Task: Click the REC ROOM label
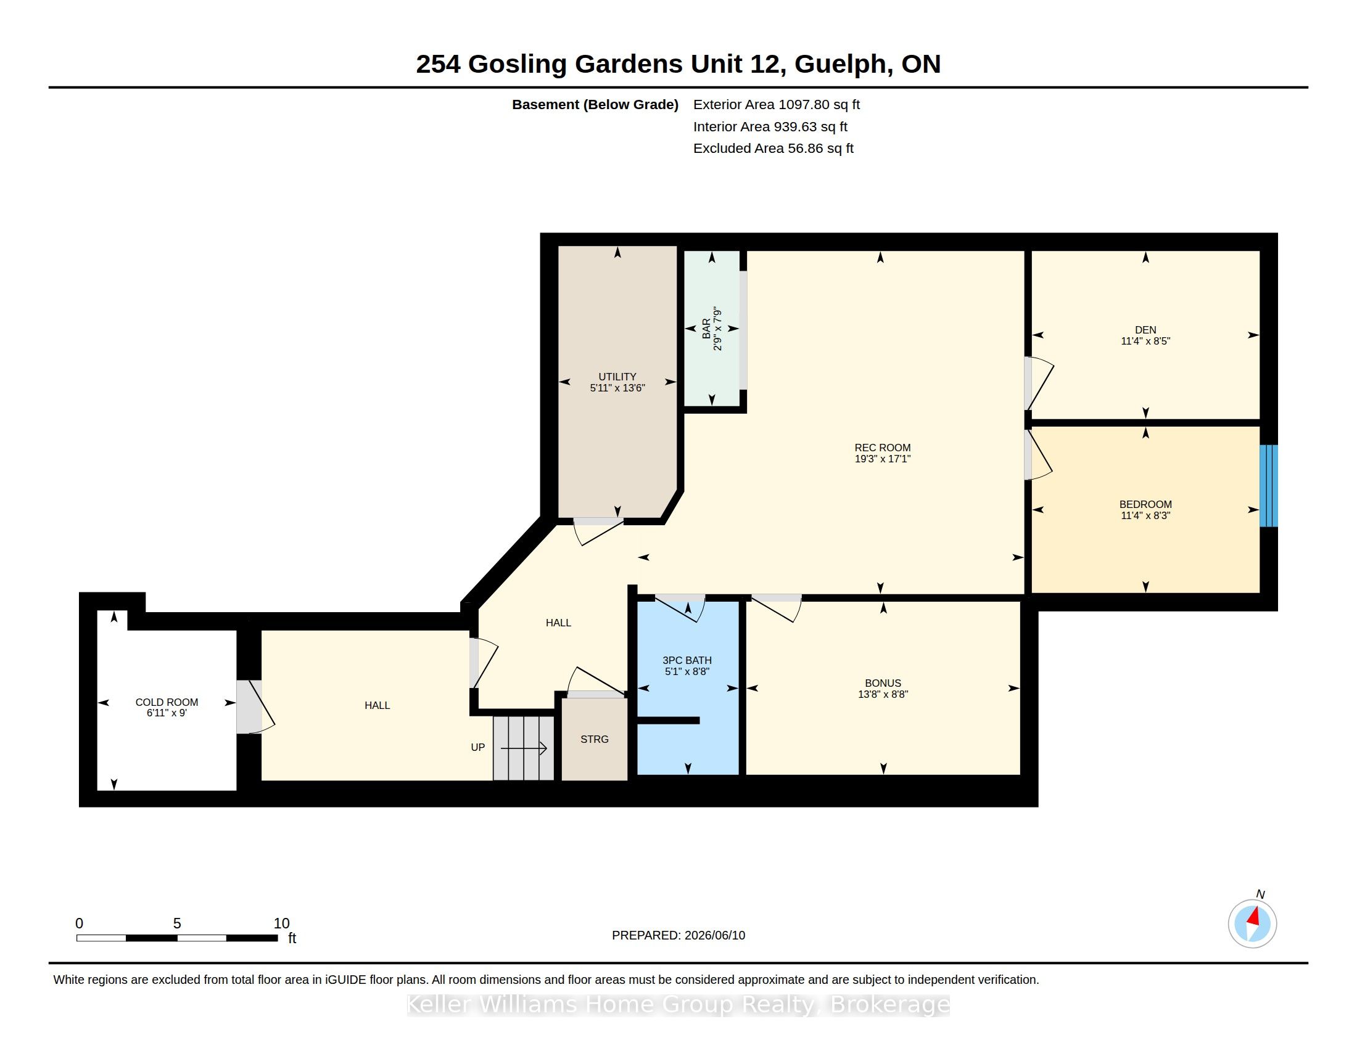pos(882,448)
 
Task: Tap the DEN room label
pos(1145,330)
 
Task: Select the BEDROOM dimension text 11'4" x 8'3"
pos(1145,515)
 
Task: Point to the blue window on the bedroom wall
pos(1268,486)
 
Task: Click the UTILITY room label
pos(617,377)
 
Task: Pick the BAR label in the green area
pos(706,329)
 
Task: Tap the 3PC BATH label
pos(687,661)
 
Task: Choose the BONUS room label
pos(883,683)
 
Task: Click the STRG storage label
pos(595,739)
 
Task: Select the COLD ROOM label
pos(167,702)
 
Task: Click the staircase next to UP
pos(523,748)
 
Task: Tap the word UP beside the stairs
pos(478,748)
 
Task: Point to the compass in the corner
pos(1252,923)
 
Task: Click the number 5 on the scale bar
pos(177,923)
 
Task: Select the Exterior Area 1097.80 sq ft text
pos(776,104)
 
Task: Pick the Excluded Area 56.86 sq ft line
pos(773,149)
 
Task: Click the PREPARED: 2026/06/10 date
pos(678,935)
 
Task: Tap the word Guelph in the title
pos(840,65)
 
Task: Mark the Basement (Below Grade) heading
pos(595,105)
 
